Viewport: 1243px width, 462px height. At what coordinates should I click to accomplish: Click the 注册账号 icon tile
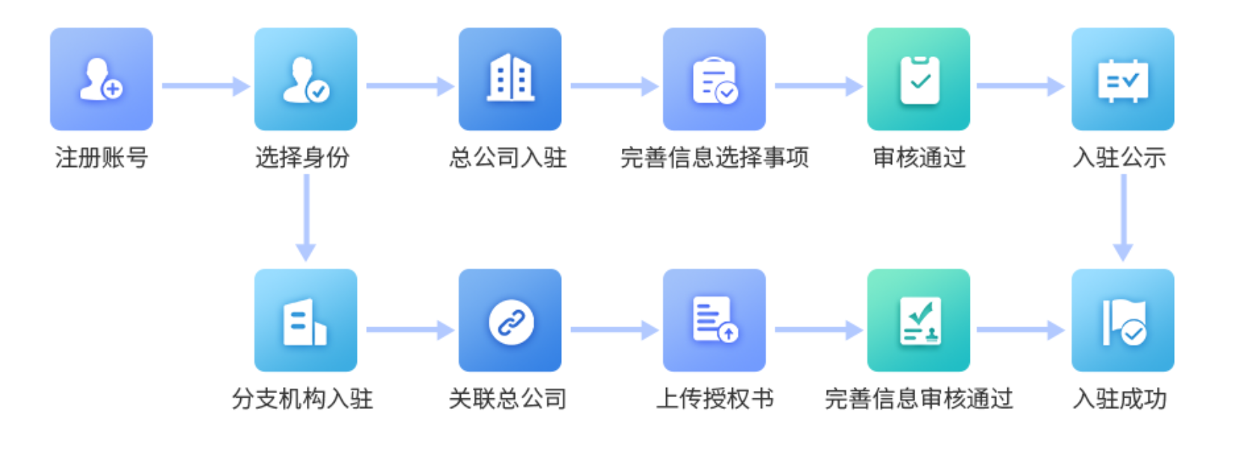[101, 79]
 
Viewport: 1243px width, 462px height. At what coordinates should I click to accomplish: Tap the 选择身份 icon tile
[305, 79]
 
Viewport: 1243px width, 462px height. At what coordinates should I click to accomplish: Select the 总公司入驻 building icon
[510, 79]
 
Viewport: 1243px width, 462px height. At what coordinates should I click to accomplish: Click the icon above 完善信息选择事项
[714, 79]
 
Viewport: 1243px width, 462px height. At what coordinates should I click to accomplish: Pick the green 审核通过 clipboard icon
[918, 79]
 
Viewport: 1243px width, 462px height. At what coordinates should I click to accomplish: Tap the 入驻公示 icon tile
[1123, 79]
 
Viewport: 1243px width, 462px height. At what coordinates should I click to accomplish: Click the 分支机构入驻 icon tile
[305, 320]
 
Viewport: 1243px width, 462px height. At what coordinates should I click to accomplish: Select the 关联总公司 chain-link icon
[510, 320]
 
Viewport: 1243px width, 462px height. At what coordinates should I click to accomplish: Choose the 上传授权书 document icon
[714, 320]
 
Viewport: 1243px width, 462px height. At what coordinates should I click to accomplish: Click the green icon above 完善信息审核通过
[918, 320]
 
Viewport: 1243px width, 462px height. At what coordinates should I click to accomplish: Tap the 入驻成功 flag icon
[1123, 320]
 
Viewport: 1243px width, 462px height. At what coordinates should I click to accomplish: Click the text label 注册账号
[101, 158]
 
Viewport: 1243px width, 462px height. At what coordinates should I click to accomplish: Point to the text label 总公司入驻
[508, 158]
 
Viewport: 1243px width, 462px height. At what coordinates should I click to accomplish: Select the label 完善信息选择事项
[714, 158]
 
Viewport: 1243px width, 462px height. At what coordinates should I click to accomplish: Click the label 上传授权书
[714, 399]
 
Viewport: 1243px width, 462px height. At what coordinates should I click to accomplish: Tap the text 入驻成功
[1120, 399]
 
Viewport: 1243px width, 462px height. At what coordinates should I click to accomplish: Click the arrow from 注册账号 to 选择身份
[204, 86]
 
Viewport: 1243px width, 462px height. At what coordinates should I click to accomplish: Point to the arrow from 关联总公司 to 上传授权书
[613, 329]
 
